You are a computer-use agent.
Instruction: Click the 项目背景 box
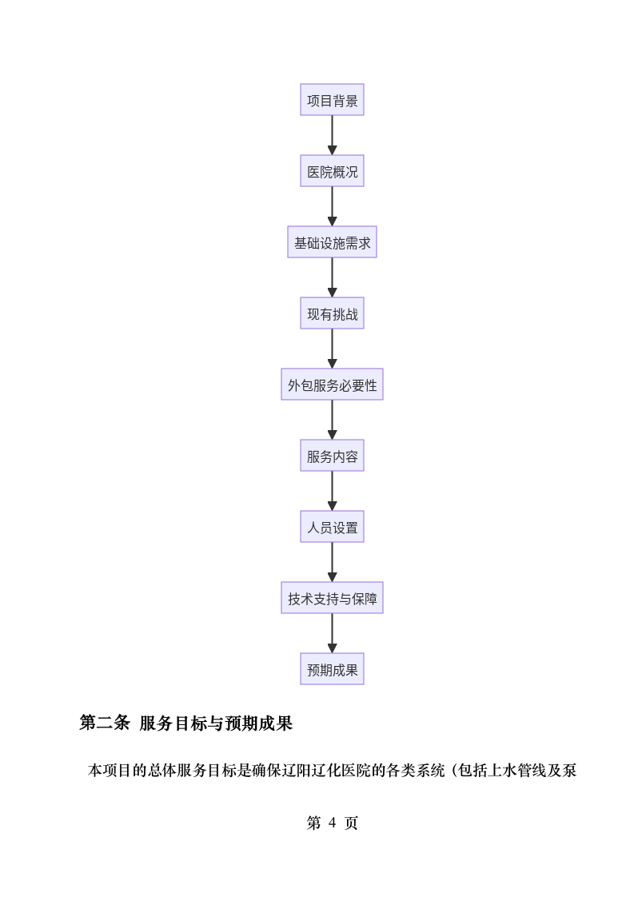[332, 100]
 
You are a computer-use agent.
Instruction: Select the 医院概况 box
[332, 171]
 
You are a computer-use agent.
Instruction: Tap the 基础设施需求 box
[332, 242]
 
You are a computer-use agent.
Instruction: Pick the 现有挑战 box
[332, 313]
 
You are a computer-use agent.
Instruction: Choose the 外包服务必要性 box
[332, 385]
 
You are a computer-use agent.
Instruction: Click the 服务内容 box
[332, 456]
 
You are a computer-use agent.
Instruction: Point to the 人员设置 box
[332, 527]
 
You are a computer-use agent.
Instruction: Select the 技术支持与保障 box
[332, 598]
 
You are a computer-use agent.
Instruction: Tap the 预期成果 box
[332, 669]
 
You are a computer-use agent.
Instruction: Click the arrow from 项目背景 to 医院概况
[332, 135]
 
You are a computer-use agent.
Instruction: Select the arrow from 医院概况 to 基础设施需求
[332, 206]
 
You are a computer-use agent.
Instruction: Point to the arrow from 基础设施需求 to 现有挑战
[332, 277]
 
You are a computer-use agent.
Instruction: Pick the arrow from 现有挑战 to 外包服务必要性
[332, 349]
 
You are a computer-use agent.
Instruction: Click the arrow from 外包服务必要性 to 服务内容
[332, 420]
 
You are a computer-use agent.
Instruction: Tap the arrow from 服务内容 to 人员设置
[332, 491]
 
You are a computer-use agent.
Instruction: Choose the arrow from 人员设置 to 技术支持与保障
[332, 562]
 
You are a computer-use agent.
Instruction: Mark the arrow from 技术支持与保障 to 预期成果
[332, 633]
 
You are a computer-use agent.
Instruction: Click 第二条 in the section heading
[104, 724]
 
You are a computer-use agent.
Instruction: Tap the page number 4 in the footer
[332, 823]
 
